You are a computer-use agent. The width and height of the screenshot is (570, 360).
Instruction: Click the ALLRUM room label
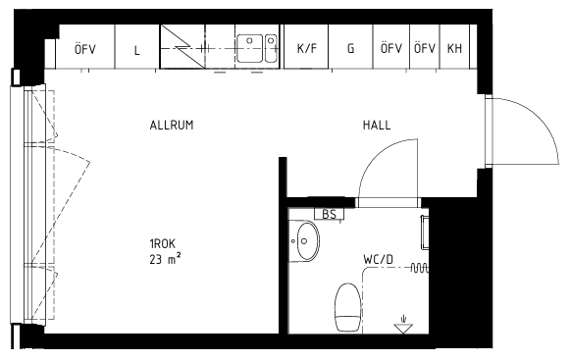point(172,125)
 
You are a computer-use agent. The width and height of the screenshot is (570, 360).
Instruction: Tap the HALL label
point(377,125)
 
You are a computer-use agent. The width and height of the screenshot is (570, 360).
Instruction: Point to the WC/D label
point(378,259)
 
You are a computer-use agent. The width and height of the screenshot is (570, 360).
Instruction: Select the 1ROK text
point(163,243)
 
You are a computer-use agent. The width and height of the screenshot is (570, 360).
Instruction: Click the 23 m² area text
point(165,259)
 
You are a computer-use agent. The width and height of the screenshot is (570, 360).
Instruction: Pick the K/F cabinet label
point(306,48)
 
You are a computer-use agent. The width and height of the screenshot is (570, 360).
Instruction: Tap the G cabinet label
point(350,48)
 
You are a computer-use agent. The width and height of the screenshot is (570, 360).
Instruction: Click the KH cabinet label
point(454,48)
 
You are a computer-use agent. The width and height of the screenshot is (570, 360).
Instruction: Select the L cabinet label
point(136,50)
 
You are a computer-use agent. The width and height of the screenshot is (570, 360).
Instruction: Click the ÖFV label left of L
point(85,48)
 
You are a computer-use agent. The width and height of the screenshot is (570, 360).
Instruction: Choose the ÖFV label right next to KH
point(425,48)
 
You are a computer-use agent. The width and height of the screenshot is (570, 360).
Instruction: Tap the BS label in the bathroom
point(329,214)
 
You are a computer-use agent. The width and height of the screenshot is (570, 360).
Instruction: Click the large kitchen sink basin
point(249,48)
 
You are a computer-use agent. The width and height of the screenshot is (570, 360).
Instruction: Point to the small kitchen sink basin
point(271,48)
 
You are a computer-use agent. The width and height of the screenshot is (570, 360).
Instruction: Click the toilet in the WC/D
point(348,307)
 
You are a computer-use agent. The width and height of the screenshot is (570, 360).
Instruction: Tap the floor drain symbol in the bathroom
point(403,326)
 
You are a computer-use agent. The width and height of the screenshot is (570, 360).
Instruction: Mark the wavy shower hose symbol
point(420,268)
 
